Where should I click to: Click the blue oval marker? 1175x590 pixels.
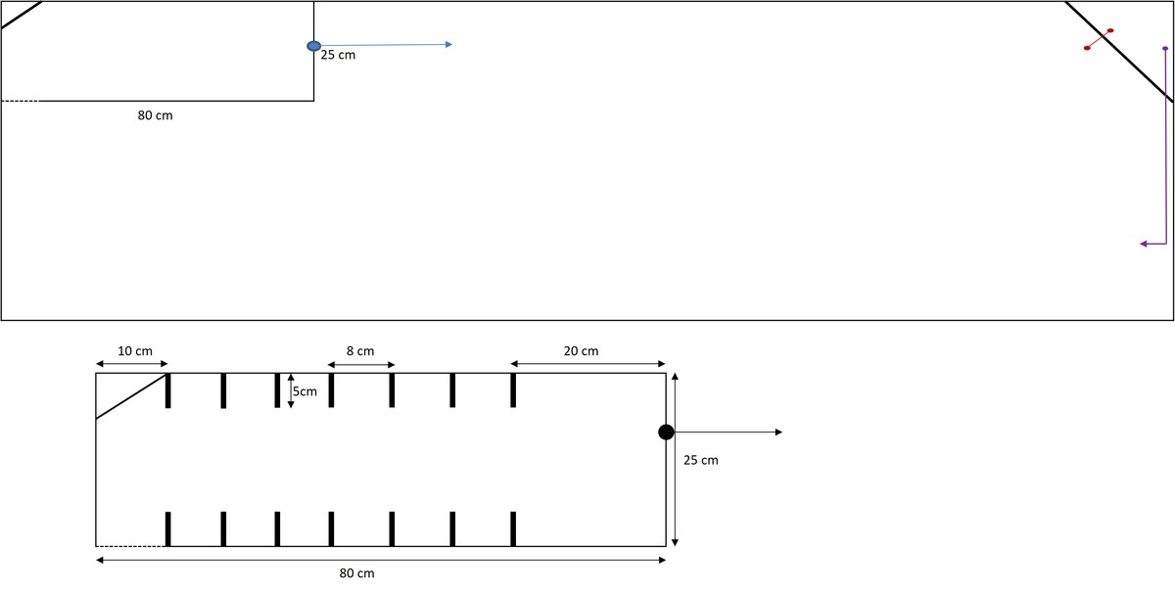313,46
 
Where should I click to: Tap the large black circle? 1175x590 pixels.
666,432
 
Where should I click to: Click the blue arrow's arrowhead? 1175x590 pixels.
448,45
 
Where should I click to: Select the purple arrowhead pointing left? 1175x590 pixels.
1145,244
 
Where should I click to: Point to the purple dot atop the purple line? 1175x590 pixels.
1165,48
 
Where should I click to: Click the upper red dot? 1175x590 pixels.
1110,30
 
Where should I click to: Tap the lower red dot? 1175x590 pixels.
1087,48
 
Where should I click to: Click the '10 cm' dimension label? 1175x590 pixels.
135,351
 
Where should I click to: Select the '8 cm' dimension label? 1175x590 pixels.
360,351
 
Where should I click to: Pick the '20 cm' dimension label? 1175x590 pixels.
581,351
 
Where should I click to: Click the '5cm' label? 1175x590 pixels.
305,391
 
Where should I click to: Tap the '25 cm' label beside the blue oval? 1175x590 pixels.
338,55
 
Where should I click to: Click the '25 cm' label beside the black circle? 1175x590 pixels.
701,460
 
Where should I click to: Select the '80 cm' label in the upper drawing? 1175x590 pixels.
156,115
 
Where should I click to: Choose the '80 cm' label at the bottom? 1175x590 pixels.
356,573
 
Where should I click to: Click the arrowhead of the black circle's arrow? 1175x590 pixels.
779,432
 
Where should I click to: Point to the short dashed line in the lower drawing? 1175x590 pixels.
130,547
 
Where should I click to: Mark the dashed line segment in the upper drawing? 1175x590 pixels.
20,101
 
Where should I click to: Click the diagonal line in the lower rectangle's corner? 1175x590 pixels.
131,396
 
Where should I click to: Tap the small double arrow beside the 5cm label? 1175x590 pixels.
291,391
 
